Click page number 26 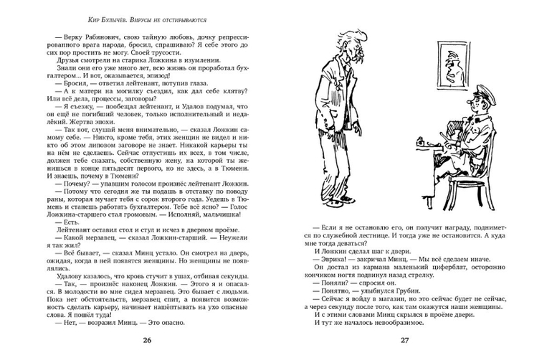148,339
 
